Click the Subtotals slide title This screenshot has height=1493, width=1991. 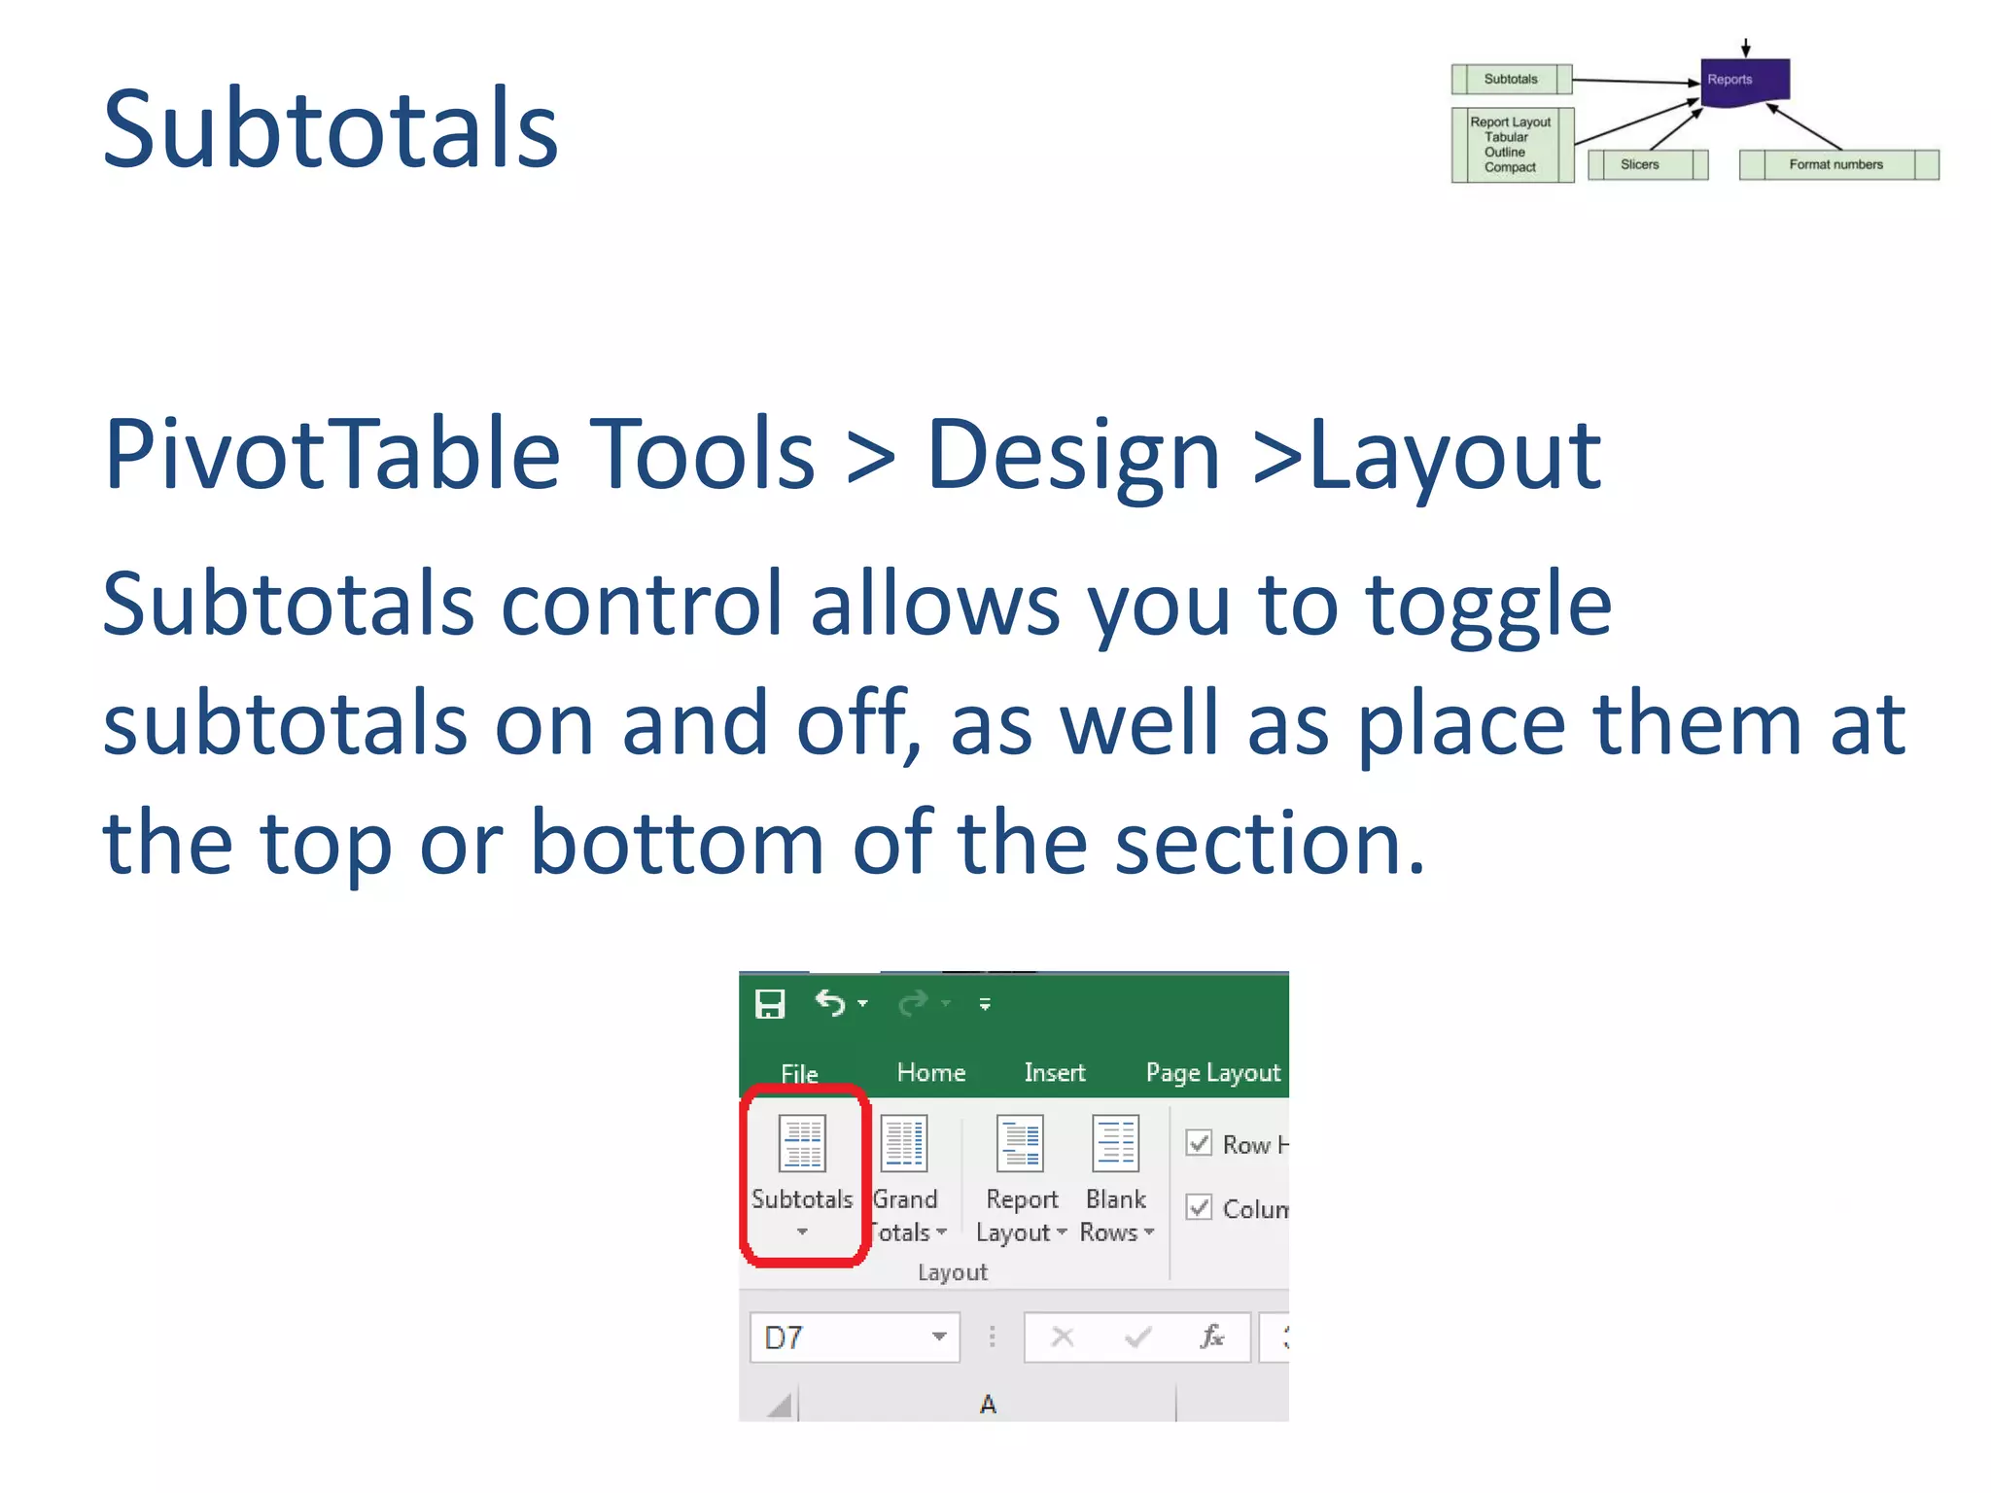pyautogui.click(x=331, y=128)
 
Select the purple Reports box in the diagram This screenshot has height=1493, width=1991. pyautogui.click(x=1744, y=81)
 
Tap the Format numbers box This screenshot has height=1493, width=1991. pyautogui.click(x=1836, y=164)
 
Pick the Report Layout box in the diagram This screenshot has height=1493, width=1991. pyautogui.click(x=1511, y=145)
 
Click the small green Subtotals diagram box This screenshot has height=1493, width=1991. pyautogui.click(x=1511, y=79)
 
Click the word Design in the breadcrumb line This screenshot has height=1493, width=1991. pyautogui.click(x=1072, y=454)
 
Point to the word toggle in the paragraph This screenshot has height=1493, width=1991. pyautogui.click(x=1487, y=605)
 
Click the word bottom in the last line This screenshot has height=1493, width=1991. pyautogui.click(x=678, y=843)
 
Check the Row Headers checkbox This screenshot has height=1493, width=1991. pyautogui.click(x=1199, y=1143)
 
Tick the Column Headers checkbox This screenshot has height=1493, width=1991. pyautogui.click(x=1199, y=1207)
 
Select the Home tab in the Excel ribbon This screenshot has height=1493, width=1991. pyautogui.click(x=930, y=1072)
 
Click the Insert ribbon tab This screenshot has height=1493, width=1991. pyautogui.click(x=1054, y=1072)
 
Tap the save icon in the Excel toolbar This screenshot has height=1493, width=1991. pyautogui.click(x=770, y=1003)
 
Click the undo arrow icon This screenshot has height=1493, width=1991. pyautogui.click(x=829, y=1002)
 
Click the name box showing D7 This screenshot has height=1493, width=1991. pyautogui.click(x=841, y=1337)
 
